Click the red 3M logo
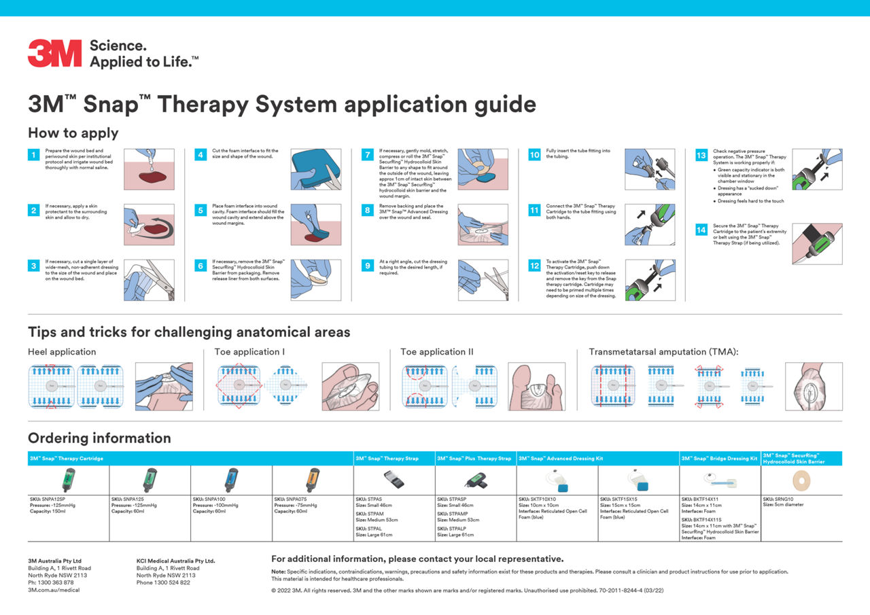55,54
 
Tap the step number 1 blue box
33,155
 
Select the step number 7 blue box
367,155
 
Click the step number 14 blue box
700,230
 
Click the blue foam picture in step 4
311,169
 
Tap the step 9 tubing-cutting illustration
483,279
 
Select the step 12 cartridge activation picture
650,279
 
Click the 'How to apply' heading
73,133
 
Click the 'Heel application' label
62,352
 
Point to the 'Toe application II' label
437,352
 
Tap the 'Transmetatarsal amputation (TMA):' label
663,352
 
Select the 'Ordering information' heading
99,438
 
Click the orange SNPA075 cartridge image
313,480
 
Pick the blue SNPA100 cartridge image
231,480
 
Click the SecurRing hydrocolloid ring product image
801,480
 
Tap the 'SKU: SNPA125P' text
48,499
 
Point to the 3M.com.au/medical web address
54,590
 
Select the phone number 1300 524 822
163,582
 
